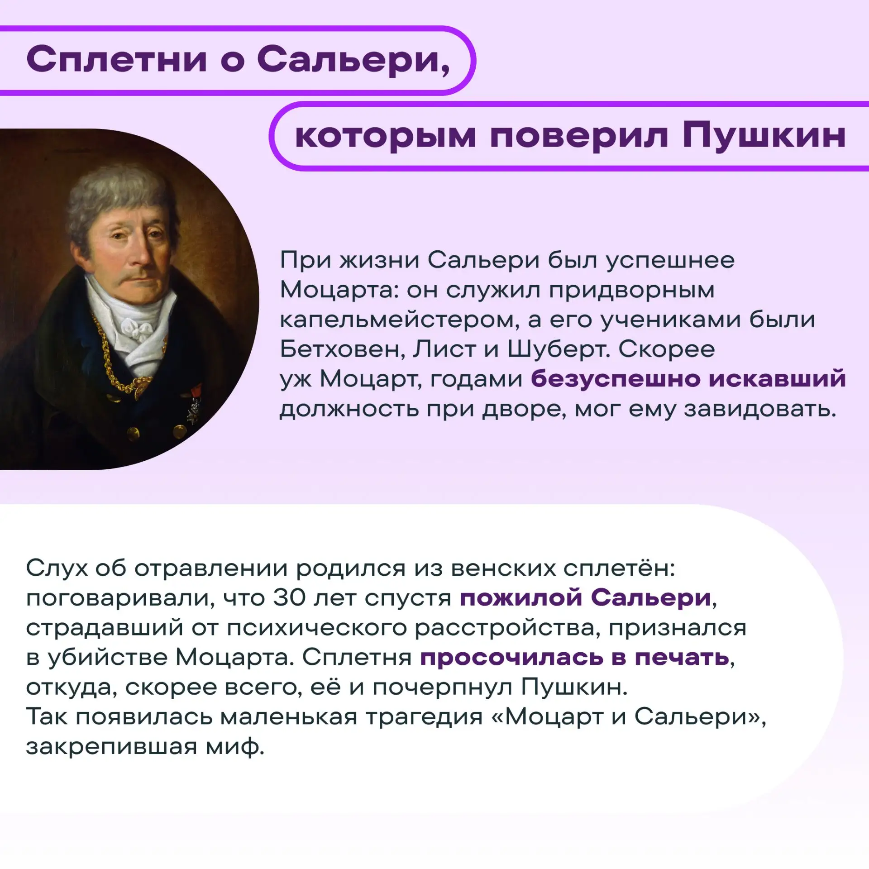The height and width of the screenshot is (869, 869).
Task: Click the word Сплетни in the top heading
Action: pos(117,60)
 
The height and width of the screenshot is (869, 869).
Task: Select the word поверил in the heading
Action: pos(579,136)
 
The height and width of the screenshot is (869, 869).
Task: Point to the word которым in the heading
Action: pos(385,136)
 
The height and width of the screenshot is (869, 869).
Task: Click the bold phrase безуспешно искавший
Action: pos(688,378)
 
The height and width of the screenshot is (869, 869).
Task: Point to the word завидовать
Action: pos(760,409)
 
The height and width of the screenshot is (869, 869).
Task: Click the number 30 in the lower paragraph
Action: pos(289,598)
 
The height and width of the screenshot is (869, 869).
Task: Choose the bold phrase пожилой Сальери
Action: pos(586,598)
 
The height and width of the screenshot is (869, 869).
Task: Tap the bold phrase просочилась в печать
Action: pos(575,658)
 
